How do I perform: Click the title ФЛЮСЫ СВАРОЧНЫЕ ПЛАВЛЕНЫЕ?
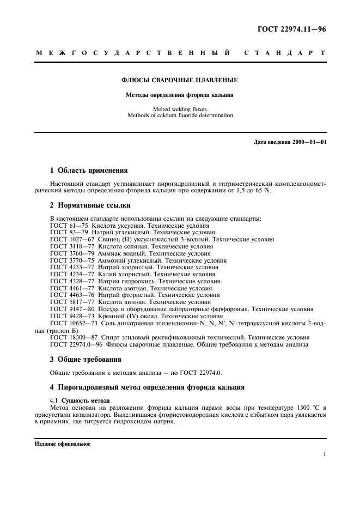pos(179,80)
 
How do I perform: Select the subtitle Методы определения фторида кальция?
pos(179,94)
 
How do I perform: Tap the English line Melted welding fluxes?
pos(179,109)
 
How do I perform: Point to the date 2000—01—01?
pos(307,142)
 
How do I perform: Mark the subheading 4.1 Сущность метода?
pos(80,401)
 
